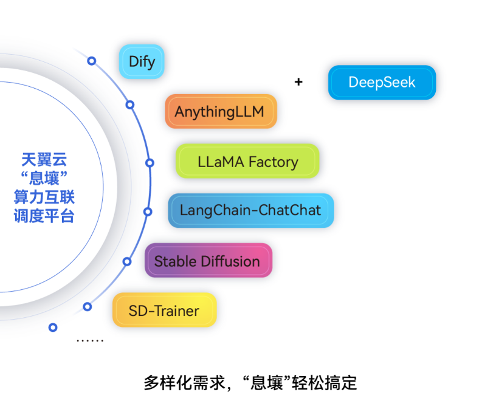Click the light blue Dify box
[141, 61]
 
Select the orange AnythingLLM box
[221, 112]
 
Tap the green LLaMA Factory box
[247, 162]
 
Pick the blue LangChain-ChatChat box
[250, 211]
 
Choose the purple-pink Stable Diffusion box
[207, 261]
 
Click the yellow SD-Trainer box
[164, 311]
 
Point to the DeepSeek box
[382, 83]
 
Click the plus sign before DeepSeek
[298, 82]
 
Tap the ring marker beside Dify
[92, 61]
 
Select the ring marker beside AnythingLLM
[130, 105]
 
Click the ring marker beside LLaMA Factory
[150, 163]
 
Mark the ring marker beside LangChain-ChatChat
[147, 211]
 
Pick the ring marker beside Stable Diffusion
[127, 261]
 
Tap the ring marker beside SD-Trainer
[88, 306]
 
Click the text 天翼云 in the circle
[44, 160]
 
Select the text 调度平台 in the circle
[44, 216]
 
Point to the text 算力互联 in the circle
[44, 197]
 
